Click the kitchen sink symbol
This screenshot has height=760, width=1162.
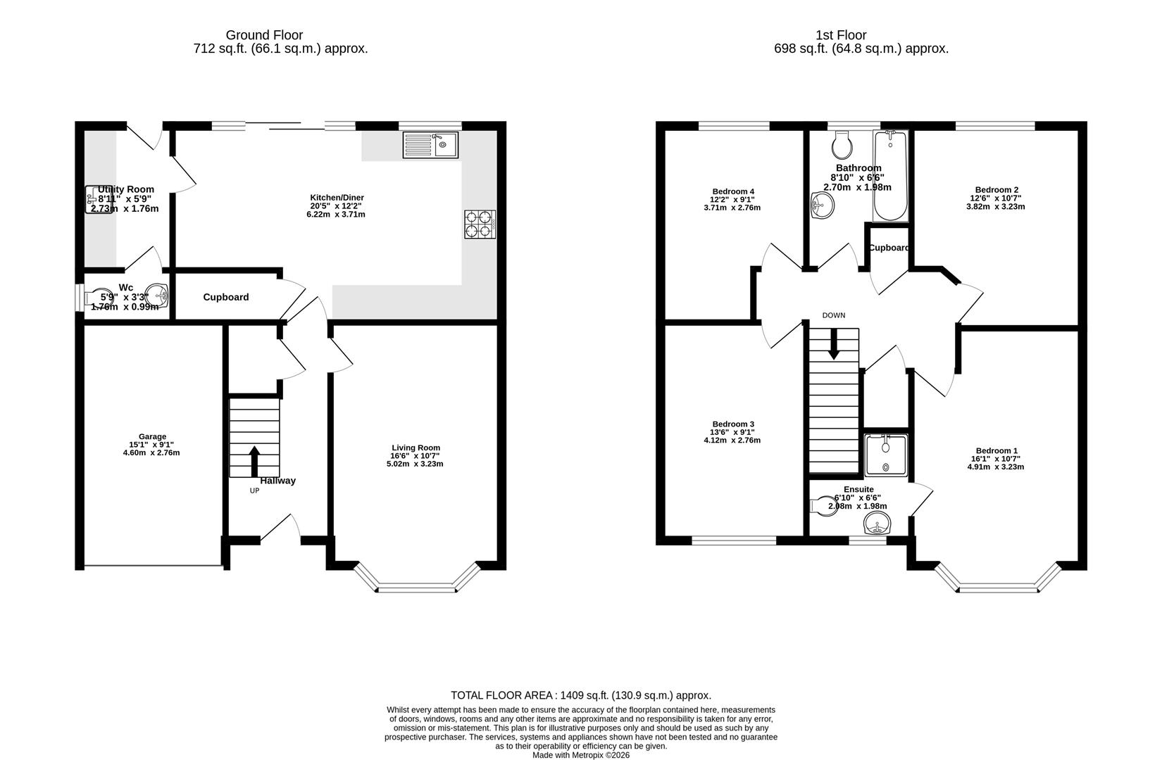tap(430, 145)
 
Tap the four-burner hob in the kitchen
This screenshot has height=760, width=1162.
tap(480, 224)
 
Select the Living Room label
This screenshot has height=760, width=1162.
tap(416, 448)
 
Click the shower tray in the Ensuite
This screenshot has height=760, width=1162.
tap(886, 454)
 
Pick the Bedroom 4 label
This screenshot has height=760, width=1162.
tap(732, 191)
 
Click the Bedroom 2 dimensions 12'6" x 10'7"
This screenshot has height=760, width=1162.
tap(997, 198)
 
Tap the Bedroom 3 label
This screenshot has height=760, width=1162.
tap(732, 424)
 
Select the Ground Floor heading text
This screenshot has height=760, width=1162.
tap(264, 35)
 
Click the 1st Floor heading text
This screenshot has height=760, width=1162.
tap(841, 35)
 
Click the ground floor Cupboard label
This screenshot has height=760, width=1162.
tap(226, 297)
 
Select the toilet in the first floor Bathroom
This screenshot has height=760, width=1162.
tap(842, 146)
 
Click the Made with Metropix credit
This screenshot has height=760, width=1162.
tap(581, 755)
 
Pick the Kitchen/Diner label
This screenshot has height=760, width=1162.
tap(337, 198)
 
